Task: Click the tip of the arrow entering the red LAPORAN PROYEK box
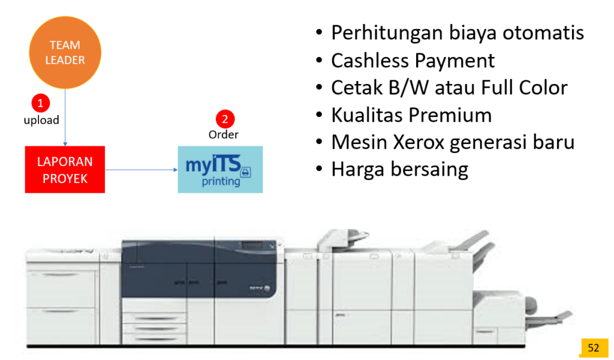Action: pyautogui.click(x=65, y=146)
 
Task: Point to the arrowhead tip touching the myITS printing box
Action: pyautogui.click(x=177, y=170)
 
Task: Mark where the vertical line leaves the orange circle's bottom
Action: pyautogui.click(x=65, y=89)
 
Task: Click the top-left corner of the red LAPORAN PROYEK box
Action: pyautogui.click(x=25, y=146)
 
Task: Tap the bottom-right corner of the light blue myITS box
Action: pyautogui.click(x=263, y=193)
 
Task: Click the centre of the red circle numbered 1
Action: pyautogui.click(x=40, y=103)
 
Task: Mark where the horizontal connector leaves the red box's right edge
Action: pyautogui.click(x=105, y=170)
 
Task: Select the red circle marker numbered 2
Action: pyautogui.click(x=225, y=119)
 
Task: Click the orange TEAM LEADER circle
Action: pyautogui.click(x=65, y=52)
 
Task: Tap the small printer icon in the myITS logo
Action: pyautogui.click(x=245, y=172)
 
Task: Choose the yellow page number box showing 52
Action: pyautogui.click(x=594, y=347)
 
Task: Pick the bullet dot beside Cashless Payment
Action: pyautogui.click(x=319, y=61)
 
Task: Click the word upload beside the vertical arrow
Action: pyautogui.click(x=41, y=120)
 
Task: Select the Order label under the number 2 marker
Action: pyautogui.click(x=224, y=135)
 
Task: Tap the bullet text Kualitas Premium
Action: pyautogui.click(x=411, y=115)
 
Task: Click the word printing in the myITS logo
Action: pyautogui.click(x=221, y=181)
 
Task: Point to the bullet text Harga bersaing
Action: pyautogui.click(x=399, y=170)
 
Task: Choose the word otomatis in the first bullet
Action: pyautogui.click(x=543, y=32)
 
